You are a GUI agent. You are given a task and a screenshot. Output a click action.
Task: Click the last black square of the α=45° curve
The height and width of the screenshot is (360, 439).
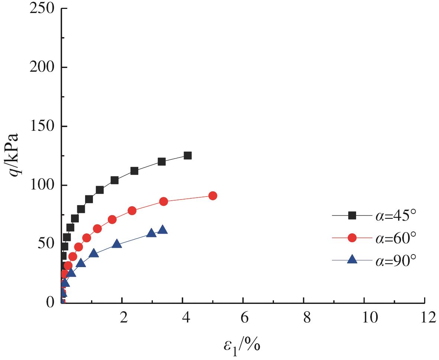[188, 156]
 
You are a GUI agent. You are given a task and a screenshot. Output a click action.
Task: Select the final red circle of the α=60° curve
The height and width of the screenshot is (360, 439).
[213, 196]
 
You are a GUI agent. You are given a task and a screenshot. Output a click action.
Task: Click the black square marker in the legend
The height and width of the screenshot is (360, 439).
[352, 215]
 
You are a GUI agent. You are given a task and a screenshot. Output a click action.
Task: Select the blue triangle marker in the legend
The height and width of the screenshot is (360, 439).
[352, 260]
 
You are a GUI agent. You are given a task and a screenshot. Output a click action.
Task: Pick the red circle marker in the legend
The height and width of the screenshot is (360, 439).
[352, 238]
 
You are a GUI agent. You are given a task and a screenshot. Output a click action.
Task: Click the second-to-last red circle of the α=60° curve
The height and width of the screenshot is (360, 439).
[164, 201]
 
